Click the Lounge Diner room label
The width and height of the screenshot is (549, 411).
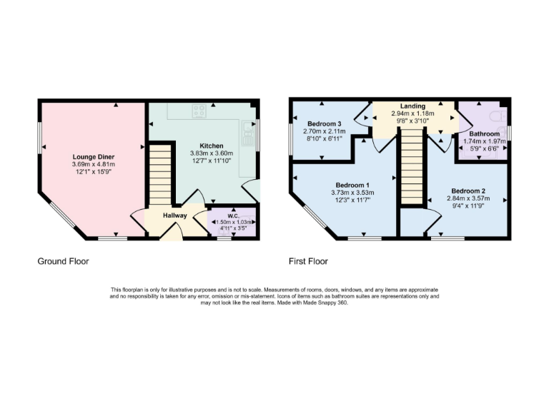pos(93,156)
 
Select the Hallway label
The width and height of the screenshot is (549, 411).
pos(174,215)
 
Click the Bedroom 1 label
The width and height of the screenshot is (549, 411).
pos(350,183)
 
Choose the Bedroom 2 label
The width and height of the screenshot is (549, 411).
pos(468,191)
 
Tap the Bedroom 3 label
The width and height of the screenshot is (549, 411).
pos(324,123)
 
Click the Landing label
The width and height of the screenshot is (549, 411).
pos(412,106)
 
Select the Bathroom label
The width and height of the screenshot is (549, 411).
pos(484,133)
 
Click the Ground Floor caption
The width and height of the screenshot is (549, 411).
pos(63,261)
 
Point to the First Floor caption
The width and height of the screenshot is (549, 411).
pos(308,261)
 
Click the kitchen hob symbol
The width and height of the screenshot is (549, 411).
pos(199,111)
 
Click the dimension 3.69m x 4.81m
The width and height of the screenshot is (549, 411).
pos(93,164)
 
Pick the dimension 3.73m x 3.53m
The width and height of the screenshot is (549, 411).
pos(350,191)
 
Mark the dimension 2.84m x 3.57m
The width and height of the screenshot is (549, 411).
pos(468,200)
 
